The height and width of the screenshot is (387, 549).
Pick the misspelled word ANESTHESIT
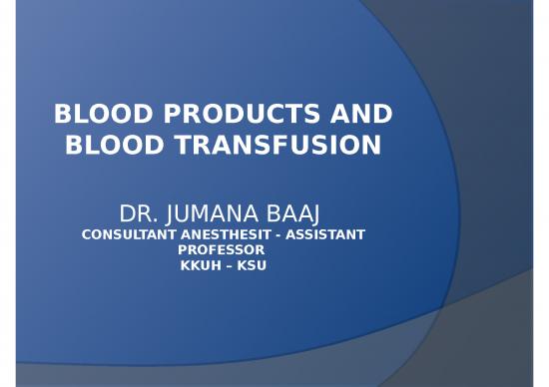225,234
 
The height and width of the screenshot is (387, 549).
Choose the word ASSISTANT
326,234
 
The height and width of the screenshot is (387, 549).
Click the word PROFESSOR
222,249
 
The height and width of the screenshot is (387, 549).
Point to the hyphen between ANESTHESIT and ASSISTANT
279,234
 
